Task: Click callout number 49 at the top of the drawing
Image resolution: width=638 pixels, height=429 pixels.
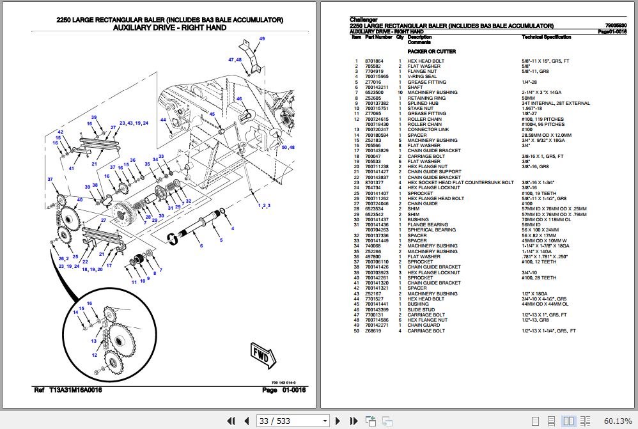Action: [x=261, y=39]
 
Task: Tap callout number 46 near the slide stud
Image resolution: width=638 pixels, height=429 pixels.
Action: [x=238, y=99]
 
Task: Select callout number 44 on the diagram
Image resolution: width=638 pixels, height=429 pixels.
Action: [x=163, y=120]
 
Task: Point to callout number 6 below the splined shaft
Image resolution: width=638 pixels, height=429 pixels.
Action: [x=201, y=246]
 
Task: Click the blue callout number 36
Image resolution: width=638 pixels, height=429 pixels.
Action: [x=133, y=160]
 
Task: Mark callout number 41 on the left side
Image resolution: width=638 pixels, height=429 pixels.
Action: [x=72, y=168]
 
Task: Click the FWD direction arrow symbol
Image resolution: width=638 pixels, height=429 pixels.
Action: [x=261, y=355]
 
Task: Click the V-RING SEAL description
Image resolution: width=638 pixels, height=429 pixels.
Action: [x=423, y=77]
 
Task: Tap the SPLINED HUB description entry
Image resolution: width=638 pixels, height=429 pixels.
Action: [x=423, y=103]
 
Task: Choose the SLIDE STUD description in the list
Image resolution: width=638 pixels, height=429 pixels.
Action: [x=421, y=309]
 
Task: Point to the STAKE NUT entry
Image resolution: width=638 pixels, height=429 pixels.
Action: [x=421, y=109]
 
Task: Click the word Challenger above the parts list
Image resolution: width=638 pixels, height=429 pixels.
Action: [x=363, y=20]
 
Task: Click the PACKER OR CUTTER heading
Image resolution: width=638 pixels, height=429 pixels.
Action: [x=432, y=51]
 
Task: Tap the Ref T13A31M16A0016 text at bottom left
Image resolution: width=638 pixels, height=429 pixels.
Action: [x=67, y=390]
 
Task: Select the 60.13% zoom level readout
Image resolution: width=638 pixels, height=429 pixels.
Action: [x=618, y=421]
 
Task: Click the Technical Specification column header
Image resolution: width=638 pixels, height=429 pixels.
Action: [x=546, y=37]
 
